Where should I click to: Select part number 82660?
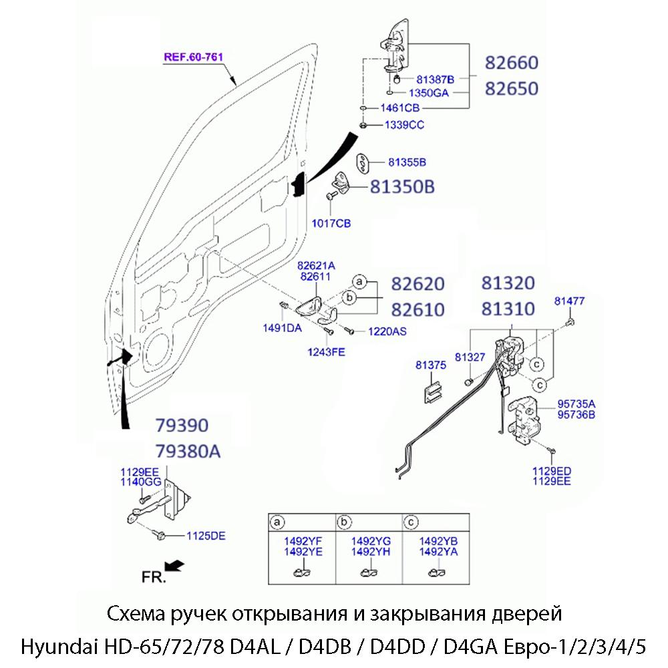point(511,63)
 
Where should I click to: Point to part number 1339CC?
point(403,125)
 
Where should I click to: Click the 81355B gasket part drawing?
point(361,163)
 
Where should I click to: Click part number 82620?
point(417,284)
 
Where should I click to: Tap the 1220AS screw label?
point(387,331)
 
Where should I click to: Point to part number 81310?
point(508,309)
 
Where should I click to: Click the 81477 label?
point(569,301)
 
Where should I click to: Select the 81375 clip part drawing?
point(432,391)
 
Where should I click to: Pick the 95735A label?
point(576,404)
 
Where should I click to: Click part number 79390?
point(182,426)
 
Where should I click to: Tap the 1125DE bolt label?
point(206,535)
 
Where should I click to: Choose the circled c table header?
point(411,521)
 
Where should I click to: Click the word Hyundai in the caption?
point(58,647)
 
